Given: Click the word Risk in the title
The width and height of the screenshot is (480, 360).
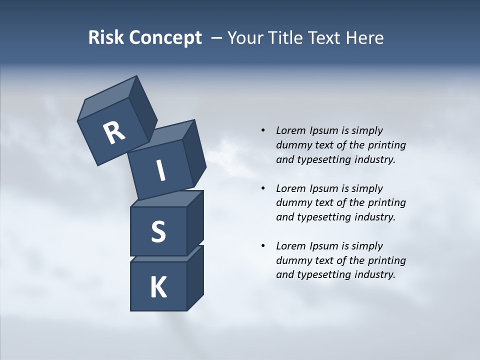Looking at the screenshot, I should pos(107,37).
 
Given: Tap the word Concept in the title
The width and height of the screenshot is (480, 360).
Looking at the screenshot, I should pos(165,38).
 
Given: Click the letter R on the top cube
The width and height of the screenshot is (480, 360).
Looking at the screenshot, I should pos(114,132).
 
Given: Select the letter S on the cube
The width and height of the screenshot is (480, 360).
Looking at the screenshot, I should pos(158,231).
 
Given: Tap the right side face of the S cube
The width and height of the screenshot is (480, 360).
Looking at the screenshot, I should pos(195,223).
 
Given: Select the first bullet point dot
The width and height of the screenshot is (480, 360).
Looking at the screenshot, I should pos(263,130).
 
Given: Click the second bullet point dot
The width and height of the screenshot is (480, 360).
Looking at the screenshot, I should pos(263,188).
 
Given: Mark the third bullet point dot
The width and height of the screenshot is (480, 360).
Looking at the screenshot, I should pos(263,246).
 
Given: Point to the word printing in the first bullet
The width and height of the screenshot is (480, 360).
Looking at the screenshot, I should pos(386,145).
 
